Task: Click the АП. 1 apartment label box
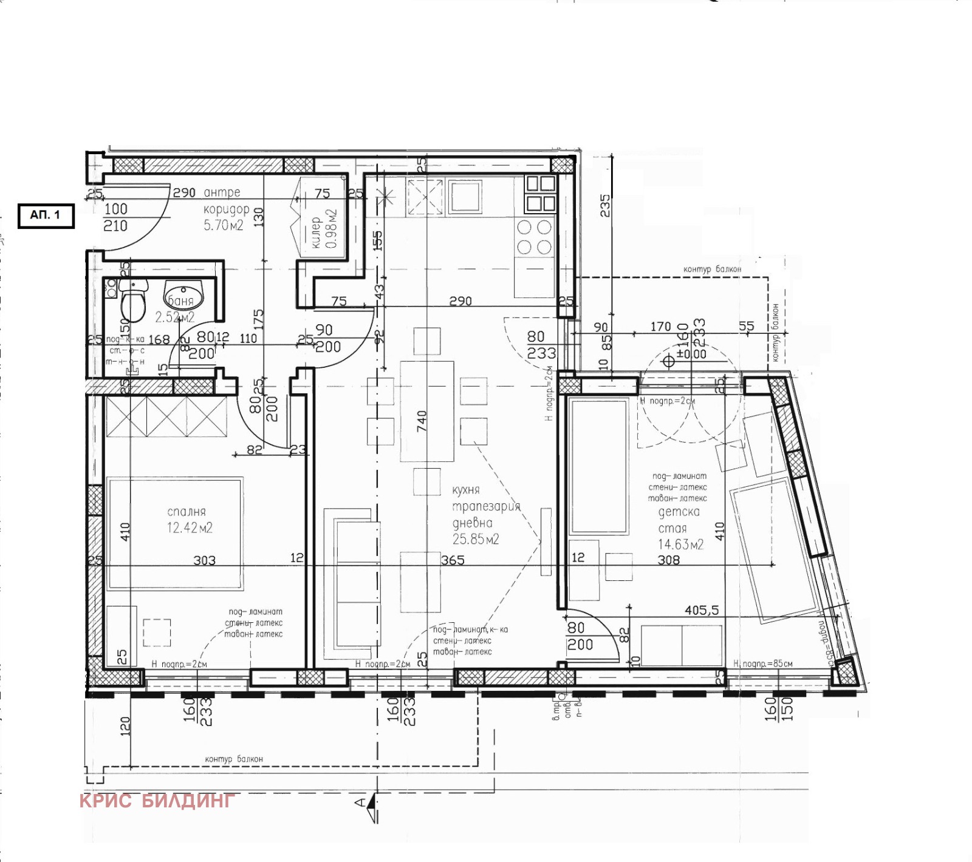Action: click(x=46, y=215)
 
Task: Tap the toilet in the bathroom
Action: click(x=132, y=302)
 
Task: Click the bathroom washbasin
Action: click(x=183, y=296)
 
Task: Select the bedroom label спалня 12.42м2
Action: click(x=189, y=520)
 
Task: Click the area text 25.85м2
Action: click(x=475, y=540)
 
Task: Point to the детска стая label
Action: click(x=678, y=520)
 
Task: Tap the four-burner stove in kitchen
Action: click(x=534, y=237)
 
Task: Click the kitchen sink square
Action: click(x=465, y=197)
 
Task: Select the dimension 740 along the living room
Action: click(x=422, y=421)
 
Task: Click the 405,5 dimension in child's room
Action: click(x=702, y=610)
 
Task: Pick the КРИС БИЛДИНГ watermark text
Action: click(x=157, y=801)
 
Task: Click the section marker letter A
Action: click(x=360, y=803)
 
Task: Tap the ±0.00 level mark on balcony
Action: click(x=691, y=355)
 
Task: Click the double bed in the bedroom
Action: click(x=175, y=533)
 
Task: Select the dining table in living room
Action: click(x=426, y=412)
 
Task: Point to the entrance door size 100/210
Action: click(x=115, y=217)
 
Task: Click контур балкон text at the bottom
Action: click(x=234, y=759)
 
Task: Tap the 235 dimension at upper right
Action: click(x=604, y=206)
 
